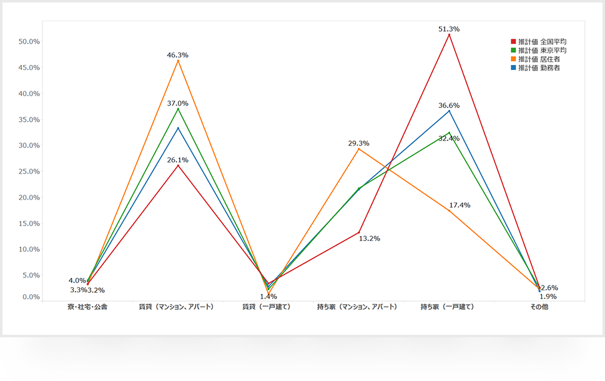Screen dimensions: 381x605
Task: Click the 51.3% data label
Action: (x=450, y=29)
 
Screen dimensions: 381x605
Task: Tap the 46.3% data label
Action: (x=178, y=55)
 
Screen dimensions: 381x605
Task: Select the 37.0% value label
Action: (x=178, y=104)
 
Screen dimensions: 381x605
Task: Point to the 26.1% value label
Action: (x=178, y=160)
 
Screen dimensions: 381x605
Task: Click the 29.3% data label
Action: (x=358, y=143)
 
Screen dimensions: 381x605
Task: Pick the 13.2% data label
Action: (x=370, y=239)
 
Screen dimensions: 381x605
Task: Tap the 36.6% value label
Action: (x=450, y=106)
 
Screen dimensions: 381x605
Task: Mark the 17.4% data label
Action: (x=460, y=205)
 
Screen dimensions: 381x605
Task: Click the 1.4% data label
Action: (x=267, y=297)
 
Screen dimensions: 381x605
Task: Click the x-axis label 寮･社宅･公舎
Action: (x=87, y=307)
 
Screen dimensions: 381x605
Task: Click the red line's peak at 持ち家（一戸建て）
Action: (x=450, y=34)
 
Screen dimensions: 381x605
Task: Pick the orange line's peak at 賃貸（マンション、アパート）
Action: (x=178, y=61)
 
